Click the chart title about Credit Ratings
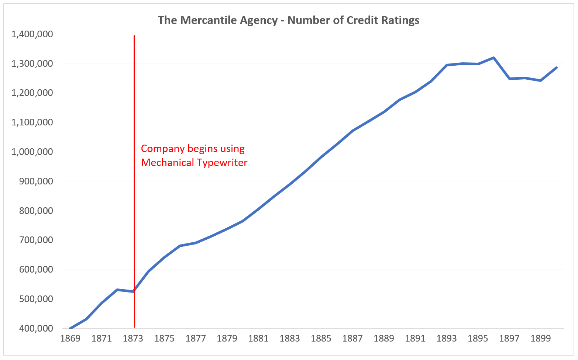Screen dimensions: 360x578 (x=289, y=20)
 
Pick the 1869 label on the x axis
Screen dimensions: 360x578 (x=70, y=339)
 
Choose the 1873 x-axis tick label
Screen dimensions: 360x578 (x=133, y=339)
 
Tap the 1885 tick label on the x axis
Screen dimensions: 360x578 (x=321, y=339)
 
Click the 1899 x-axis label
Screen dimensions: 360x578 (x=540, y=339)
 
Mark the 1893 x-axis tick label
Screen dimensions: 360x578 (x=447, y=339)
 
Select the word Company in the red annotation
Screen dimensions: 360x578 (x=163, y=149)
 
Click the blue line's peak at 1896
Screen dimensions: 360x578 (x=493, y=58)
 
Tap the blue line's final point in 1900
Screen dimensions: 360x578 (x=556, y=67)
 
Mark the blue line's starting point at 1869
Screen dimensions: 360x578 (x=70, y=328)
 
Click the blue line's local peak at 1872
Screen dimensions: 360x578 (x=117, y=290)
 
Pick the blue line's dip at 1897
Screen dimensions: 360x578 (x=509, y=79)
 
